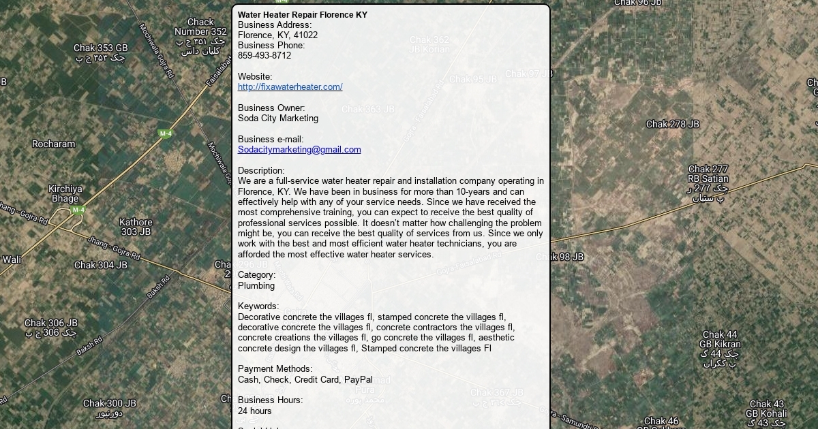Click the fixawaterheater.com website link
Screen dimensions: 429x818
(x=290, y=87)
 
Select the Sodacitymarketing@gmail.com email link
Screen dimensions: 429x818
(x=299, y=150)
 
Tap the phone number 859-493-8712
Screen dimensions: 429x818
(x=264, y=56)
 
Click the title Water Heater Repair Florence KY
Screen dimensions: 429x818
(x=302, y=15)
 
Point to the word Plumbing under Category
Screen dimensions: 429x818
(x=256, y=286)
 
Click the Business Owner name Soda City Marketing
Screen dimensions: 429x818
(x=278, y=118)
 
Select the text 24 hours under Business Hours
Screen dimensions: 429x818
(x=255, y=411)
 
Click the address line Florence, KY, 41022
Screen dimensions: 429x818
(x=277, y=35)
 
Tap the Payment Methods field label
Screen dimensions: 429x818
(x=275, y=369)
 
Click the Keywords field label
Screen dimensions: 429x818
(x=258, y=306)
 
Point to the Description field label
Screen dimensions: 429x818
(x=261, y=171)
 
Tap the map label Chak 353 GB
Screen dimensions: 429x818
(x=101, y=48)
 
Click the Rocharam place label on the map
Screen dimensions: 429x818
(x=54, y=144)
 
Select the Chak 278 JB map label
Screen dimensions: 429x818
(x=672, y=125)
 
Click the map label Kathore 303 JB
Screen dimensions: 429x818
(x=136, y=227)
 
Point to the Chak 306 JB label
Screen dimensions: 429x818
(x=51, y=323)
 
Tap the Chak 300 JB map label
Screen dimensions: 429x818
(x=110, y=404)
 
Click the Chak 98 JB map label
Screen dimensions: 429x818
(x=560, y=257)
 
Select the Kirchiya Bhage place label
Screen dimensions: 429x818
(x=65, y=194)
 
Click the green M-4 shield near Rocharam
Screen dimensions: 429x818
(x=165, y=133)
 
